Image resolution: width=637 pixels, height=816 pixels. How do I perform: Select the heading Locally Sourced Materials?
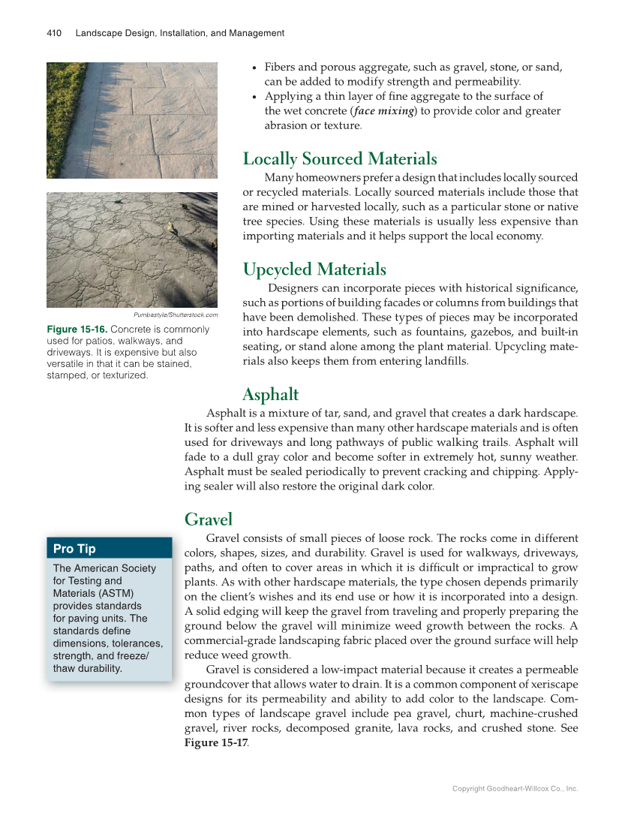click(340, 159)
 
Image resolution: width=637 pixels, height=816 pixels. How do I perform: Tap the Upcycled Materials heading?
click(314, 269)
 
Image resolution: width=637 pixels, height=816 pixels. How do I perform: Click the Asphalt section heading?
click(270, 395)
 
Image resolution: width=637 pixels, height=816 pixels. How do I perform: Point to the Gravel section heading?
click(209, 519)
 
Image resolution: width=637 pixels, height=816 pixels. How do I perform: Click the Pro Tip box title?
click(74, 549)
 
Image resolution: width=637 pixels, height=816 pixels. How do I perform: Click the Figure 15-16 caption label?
click(77, 330)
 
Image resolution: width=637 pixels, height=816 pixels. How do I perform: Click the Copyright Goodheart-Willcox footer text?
click(515, 789)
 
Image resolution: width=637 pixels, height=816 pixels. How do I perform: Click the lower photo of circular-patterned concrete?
click(132, 250)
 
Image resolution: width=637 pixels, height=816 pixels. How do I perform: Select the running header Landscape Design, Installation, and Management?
click(180, 33)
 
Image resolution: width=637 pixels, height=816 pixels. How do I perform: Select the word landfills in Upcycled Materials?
click(444, 361)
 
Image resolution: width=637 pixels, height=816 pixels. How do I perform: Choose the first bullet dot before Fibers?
click(256, 68)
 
